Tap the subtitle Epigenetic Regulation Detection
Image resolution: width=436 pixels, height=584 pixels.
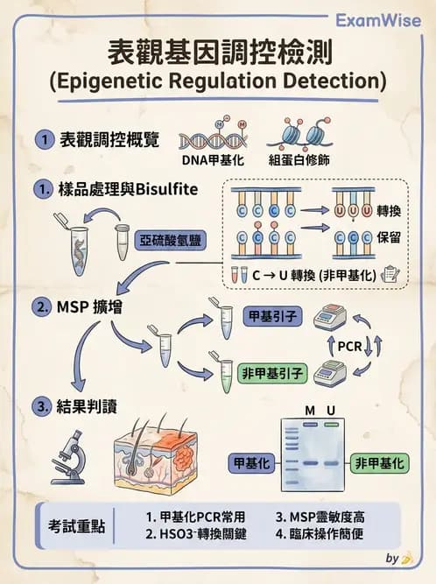point(217,82)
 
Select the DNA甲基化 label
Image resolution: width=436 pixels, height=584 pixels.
point(207,161)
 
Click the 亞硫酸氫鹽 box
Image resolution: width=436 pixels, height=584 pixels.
point(166,236)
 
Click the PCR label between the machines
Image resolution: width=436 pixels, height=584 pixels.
point(348,347)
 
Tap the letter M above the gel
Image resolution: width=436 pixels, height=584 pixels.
point(309,411)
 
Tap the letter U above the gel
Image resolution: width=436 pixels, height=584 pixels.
point(332,411)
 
